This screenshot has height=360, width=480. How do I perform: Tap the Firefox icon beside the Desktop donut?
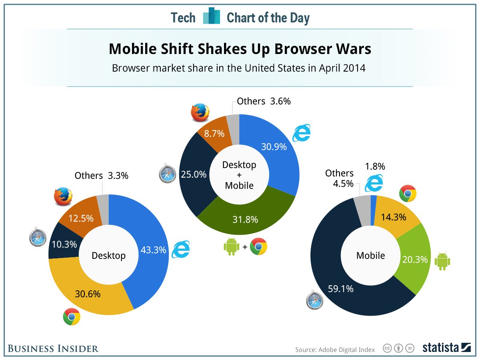pyautogui.click(x=63, y=196)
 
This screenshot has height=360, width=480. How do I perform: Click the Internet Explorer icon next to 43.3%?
pyautogui.click(x=180, y=250)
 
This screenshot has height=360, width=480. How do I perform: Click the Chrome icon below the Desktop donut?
pyautogui.click(x=72, y=317)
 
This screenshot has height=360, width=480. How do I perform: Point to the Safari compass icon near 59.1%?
pyautogui.click(x=315, y=301)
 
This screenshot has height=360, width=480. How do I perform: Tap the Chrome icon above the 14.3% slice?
pyautogui.click(x=408, y=194)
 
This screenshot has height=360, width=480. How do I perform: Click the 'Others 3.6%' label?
pyautogui.click(x=264, y=101)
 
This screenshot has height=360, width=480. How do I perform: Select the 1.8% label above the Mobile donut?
pyautogui.click(x=375, y=166)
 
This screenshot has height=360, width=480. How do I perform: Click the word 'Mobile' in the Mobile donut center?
pyautogui.click(x=370, y=255)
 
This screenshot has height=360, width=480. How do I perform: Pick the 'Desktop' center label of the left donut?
pyautogui.click(x=108, y=255)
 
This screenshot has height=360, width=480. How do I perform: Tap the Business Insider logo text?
pyautogui.click(x=53, y=348)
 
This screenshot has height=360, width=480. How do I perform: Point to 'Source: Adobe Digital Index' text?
pyautogui.click(x=335, y=350)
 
